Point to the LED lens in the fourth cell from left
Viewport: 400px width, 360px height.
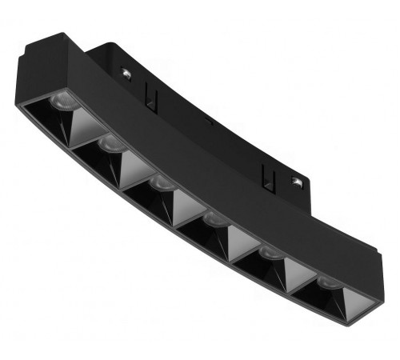click(x=212, y=218)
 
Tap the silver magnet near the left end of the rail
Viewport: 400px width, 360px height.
click(x=126, y=73)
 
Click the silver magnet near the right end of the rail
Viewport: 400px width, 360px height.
click(x=298, y=184)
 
